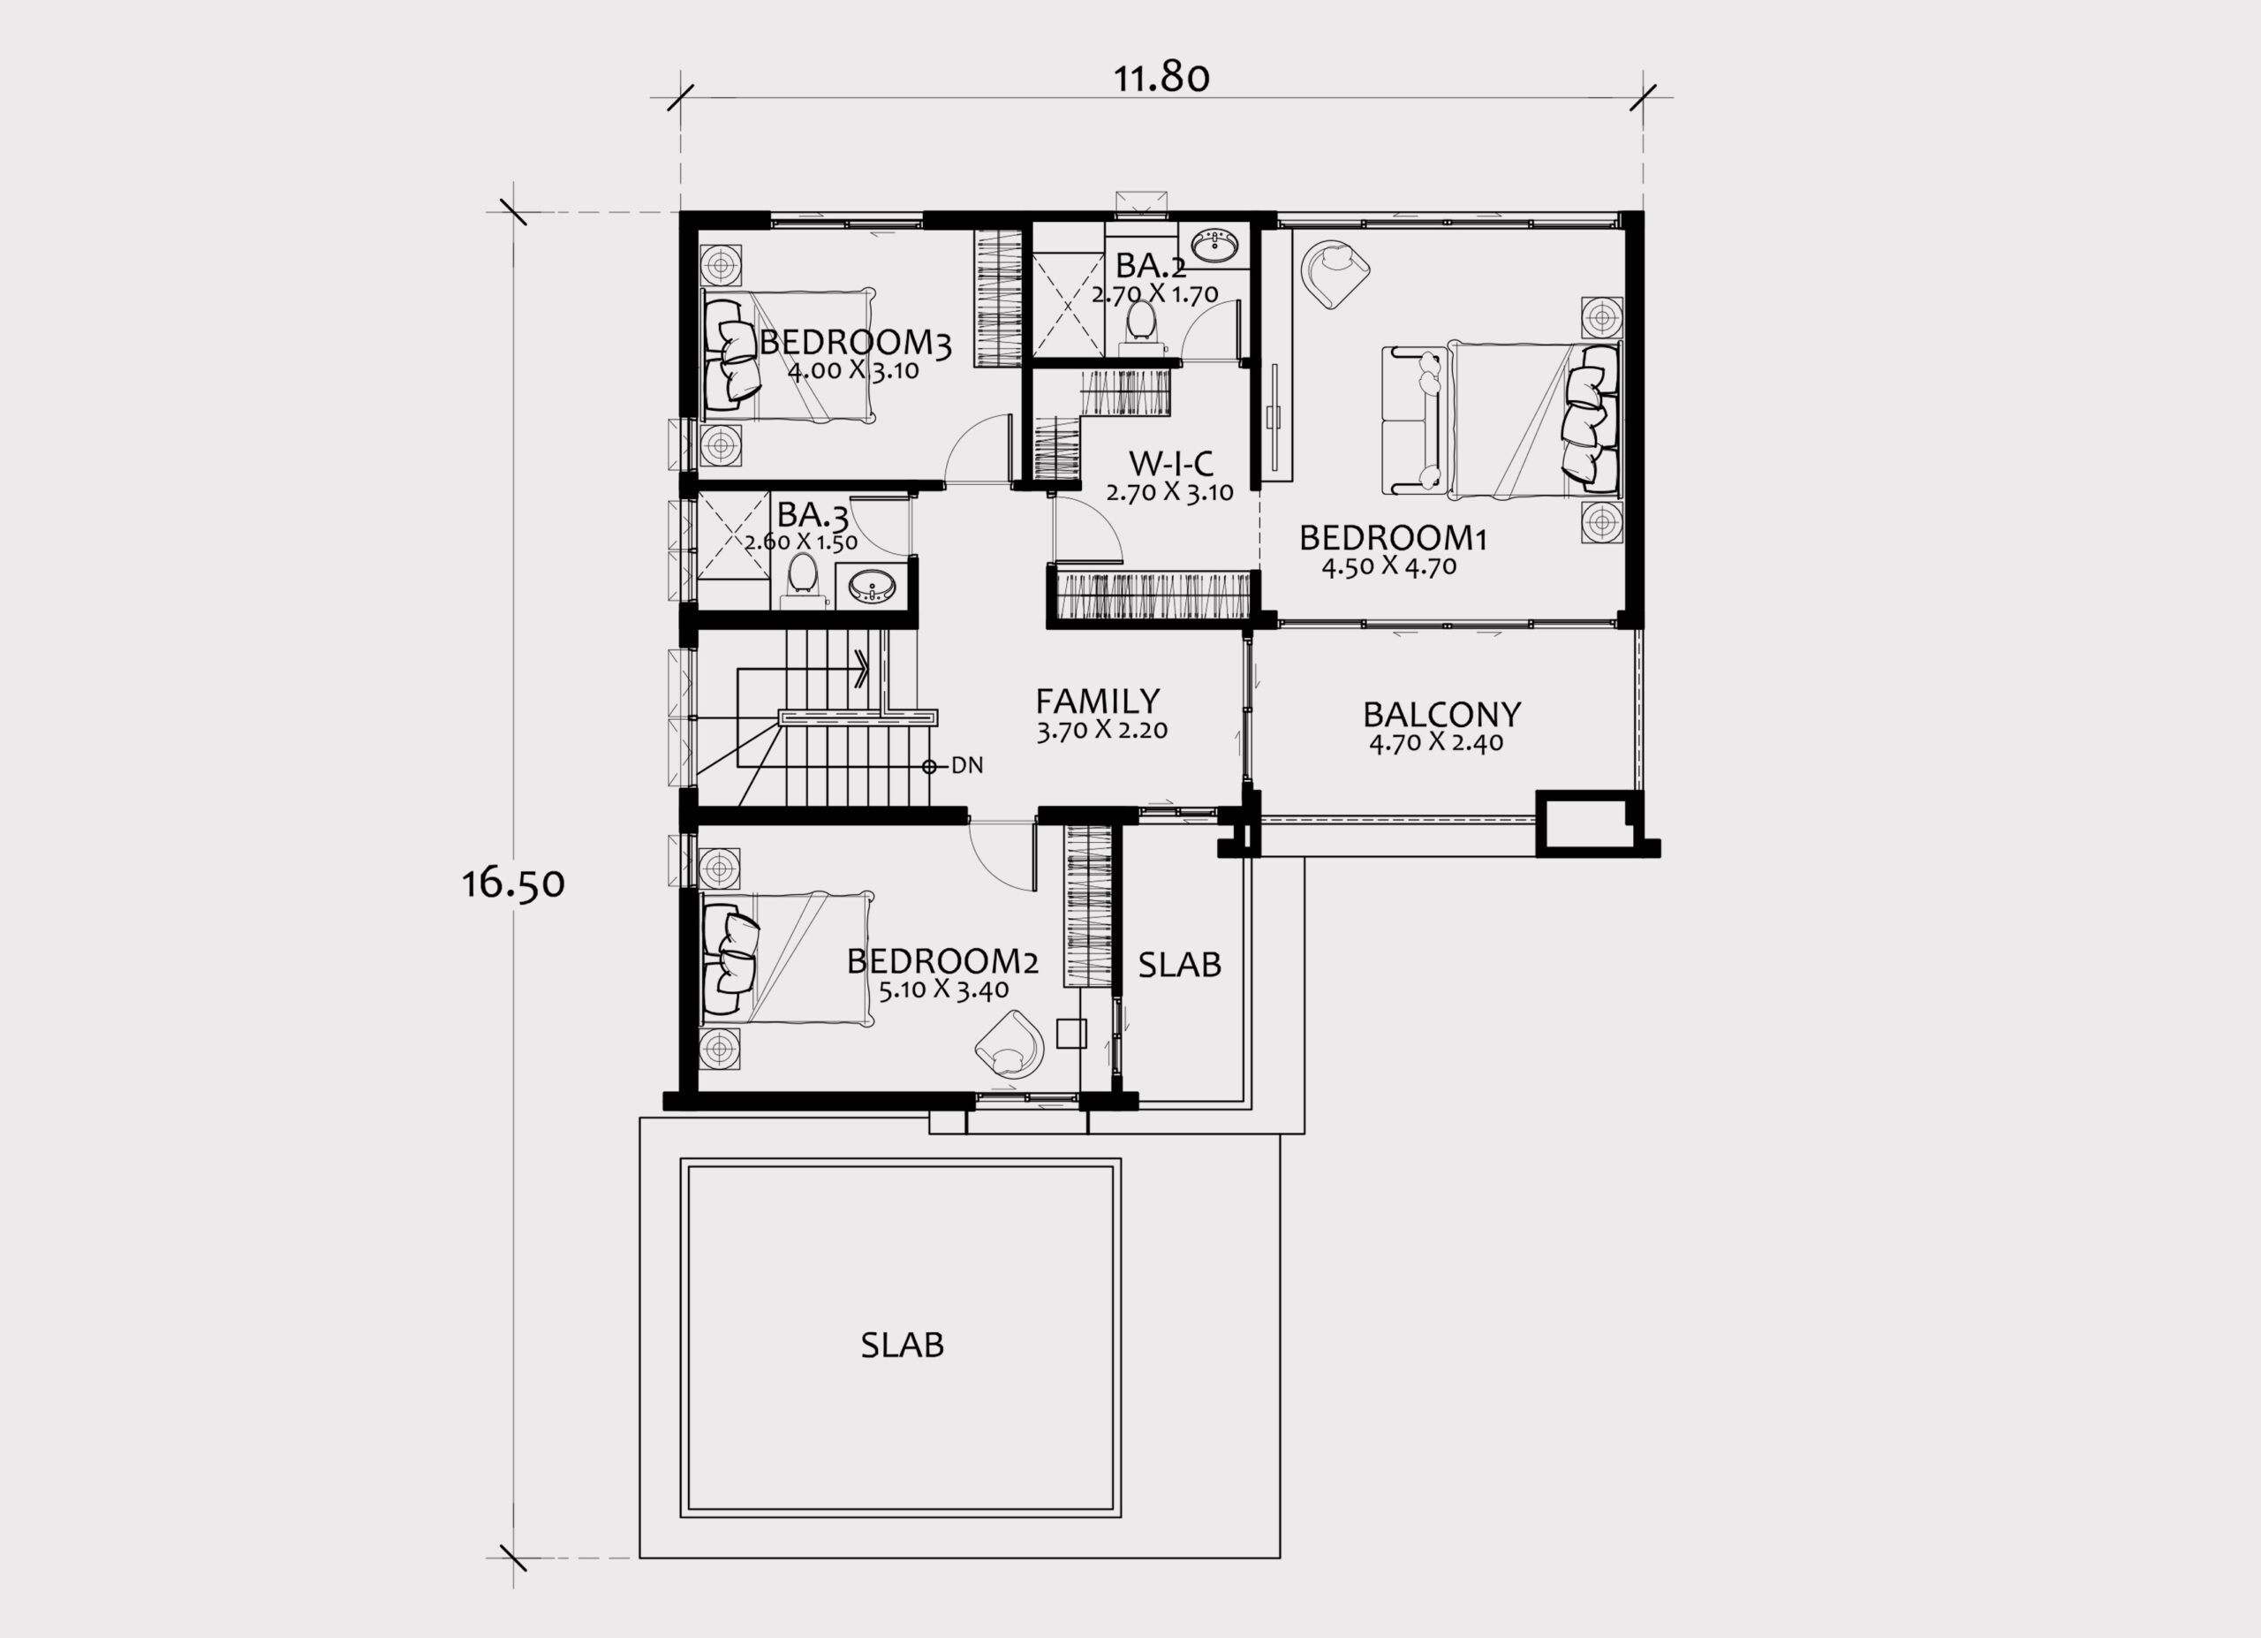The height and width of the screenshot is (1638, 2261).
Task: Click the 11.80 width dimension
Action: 1161,78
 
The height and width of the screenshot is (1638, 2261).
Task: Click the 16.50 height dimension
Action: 513,883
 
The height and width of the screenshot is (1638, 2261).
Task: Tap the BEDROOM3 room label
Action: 855,342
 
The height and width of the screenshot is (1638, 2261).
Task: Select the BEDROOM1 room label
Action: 1393,538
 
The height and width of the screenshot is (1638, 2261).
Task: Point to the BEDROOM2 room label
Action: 942,961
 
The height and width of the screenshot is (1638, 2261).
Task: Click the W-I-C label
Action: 1170,463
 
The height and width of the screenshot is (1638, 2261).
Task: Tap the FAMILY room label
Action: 1098,700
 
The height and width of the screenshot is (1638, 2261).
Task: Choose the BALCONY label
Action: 1441,715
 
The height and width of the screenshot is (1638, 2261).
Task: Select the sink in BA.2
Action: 1214,243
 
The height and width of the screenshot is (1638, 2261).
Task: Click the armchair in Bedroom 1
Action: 1335,272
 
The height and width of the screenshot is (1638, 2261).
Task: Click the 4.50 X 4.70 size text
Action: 1388,567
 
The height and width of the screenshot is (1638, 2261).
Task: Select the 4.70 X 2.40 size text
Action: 1437,743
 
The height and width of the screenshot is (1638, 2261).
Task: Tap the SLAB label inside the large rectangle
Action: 903,1345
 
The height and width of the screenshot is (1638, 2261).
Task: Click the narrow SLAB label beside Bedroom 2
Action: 1179,964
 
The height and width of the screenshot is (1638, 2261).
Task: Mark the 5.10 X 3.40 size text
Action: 944,990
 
